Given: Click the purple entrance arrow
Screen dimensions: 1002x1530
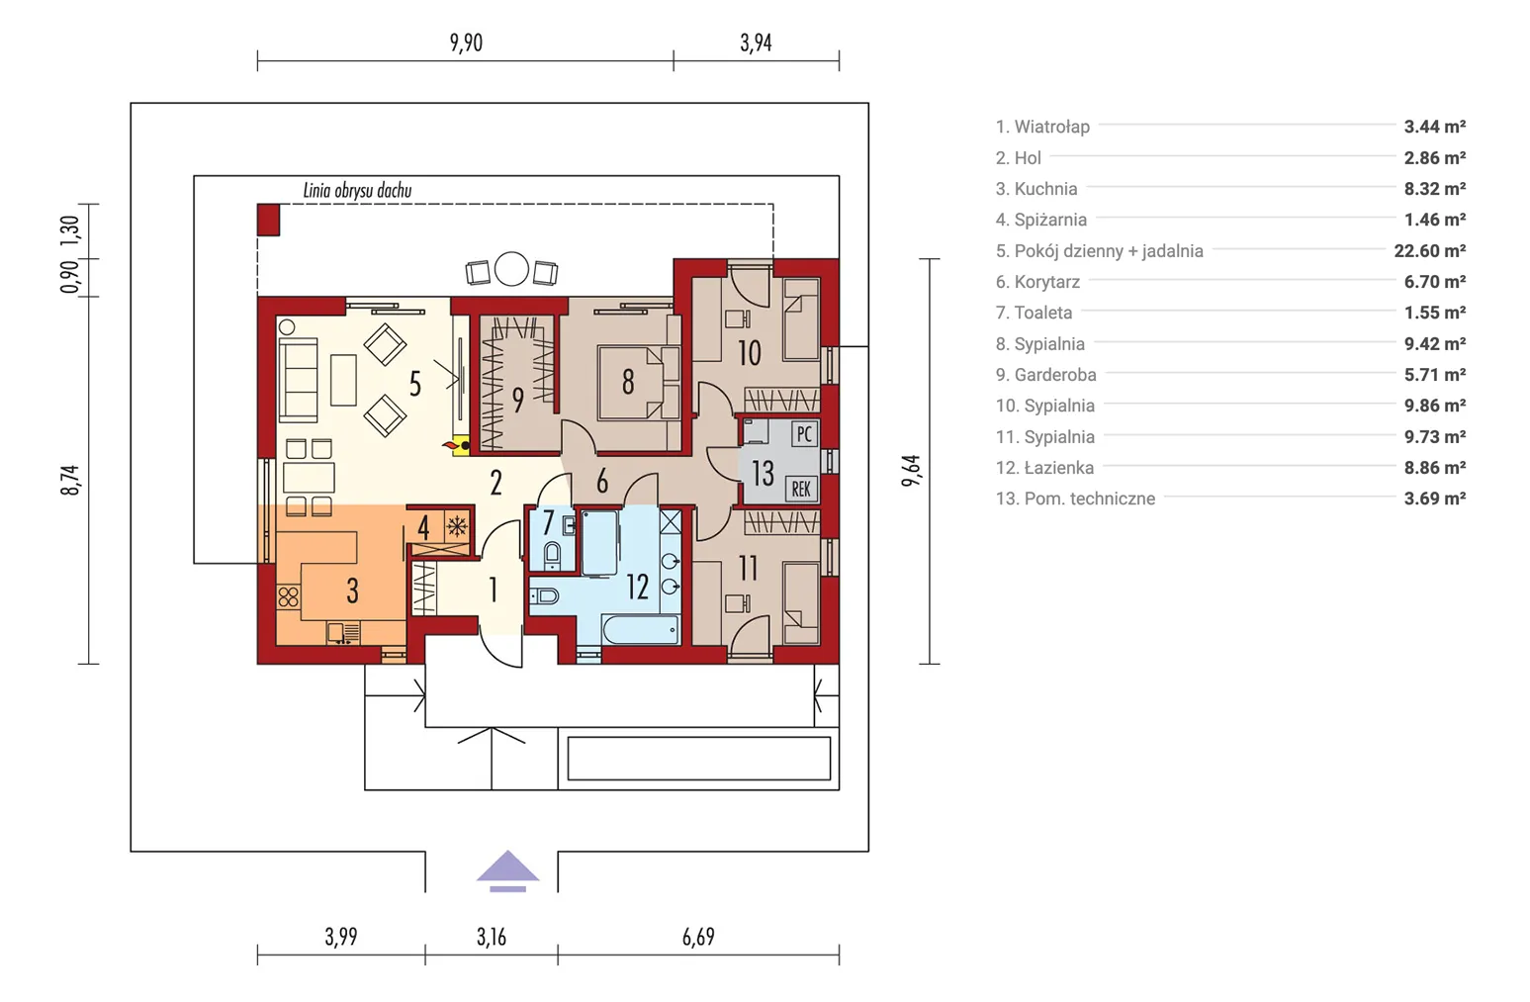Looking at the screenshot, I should coord(507,867).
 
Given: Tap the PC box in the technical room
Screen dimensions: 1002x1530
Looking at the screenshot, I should coord(804,434).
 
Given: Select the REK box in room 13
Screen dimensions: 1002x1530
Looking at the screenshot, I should coord(801,489).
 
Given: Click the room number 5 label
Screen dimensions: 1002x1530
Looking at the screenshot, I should coord(415,384).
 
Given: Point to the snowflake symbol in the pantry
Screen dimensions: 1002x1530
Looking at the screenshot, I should coord(456,526).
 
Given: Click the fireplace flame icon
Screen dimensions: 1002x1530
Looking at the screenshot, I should coord(452,446).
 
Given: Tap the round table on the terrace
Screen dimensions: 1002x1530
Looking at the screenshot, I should coord(511,269).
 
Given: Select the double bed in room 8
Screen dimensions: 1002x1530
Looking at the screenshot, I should coord(637,382).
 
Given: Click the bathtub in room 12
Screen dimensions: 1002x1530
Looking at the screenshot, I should coord(640,629).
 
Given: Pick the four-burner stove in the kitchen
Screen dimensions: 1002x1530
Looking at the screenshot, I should coord(288,596).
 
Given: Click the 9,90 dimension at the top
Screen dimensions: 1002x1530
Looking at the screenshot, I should coord(466,43).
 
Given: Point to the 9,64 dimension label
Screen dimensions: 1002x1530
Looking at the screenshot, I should coord(911,471).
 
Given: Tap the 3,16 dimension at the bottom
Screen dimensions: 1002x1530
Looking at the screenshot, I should coord(491,937).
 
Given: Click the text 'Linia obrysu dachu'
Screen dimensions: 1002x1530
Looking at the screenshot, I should coord(357,191).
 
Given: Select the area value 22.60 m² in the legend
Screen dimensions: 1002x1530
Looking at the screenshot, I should coord(1429,251).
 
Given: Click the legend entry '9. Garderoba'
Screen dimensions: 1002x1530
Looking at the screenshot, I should coord(1045,375).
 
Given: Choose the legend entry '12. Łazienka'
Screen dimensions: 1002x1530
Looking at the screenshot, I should coord(1044,468).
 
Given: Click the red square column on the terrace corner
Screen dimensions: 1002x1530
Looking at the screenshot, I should coord(268,220).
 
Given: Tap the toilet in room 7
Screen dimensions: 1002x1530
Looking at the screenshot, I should coord(552,554).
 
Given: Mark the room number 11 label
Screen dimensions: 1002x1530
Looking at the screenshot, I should coord(748,569).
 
